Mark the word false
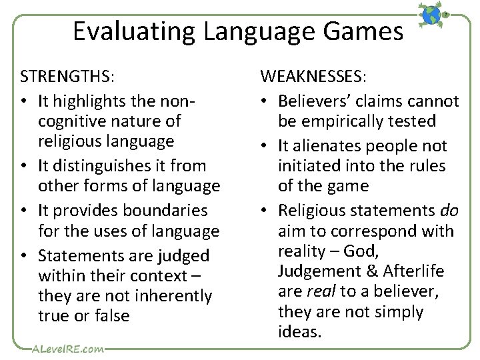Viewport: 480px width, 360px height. click(x=111, y=315)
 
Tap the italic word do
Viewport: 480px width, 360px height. click(x=449, y=211)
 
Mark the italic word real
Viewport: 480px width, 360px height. click(x=321, y=292)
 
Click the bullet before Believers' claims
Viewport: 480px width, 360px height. click(x=265, y=101)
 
